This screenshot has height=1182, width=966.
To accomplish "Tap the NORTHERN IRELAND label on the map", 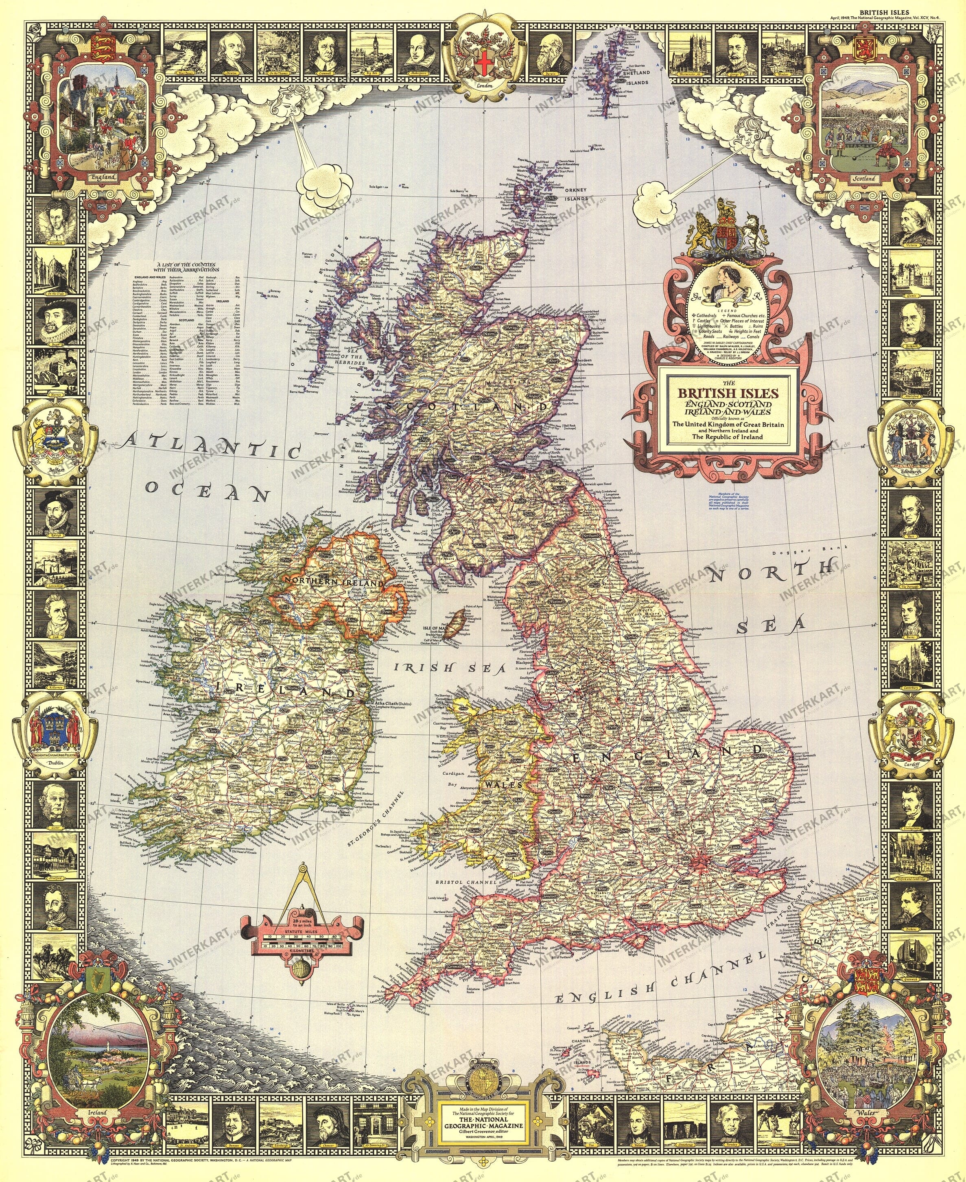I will coord(333,581).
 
